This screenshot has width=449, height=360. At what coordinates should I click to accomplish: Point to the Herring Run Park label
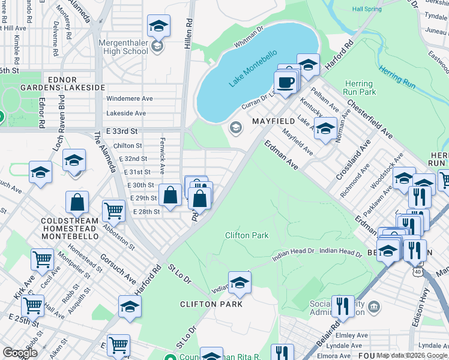click(360, 88)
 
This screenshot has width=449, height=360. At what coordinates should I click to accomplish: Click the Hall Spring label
click(367, 9)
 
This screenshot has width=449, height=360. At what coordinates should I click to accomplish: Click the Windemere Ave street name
click(130, 98)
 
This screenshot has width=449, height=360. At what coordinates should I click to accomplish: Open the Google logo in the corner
click(20, 353)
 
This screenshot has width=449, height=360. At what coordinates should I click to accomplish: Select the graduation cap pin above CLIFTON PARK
click(240, 283)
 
